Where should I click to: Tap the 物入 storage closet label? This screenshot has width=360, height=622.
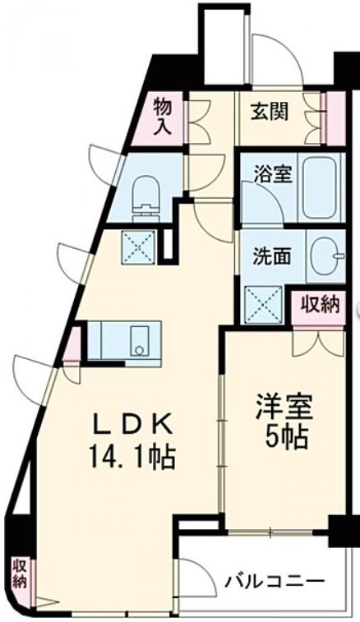162,116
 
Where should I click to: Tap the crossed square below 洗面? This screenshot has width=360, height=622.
264,302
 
